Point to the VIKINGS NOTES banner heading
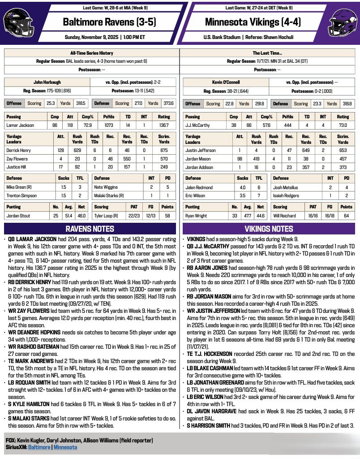tap(270, 229)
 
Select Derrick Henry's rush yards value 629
tap(77, 151)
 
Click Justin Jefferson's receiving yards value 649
tap(306, 151)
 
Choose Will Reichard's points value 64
tap(346, 216)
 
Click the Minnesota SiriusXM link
tap(65, 447)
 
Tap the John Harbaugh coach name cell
tap(47, 82)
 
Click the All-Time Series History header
tap(92, 53)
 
